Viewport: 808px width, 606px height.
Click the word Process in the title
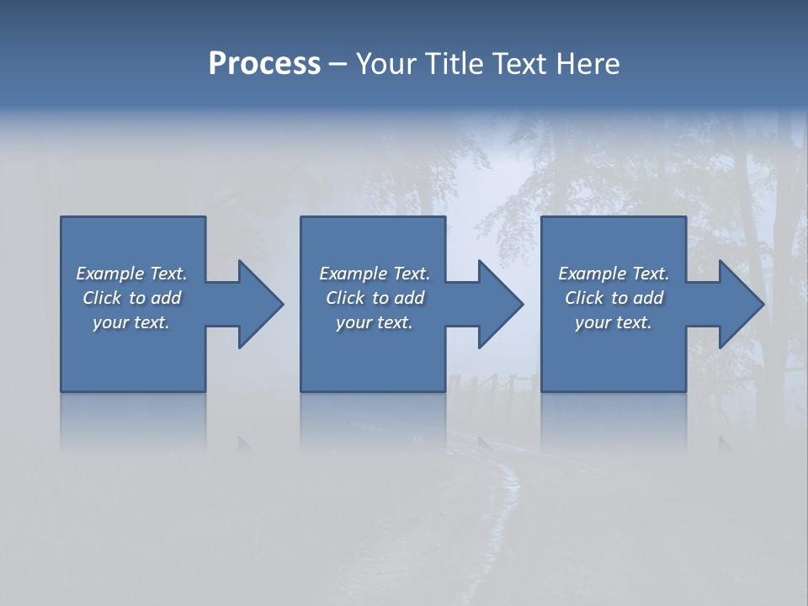coord(264,64)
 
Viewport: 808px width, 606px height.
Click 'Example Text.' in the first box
coord(131,274)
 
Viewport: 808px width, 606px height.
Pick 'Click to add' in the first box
coord(131,298)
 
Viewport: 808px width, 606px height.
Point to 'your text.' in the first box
coord(131,322)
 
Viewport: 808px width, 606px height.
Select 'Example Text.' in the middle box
coord(375,274)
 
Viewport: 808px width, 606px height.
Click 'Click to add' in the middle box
coord(375,298)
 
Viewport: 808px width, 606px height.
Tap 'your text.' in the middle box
coord(375,322)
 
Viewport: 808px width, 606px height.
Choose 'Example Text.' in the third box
coord(614,274)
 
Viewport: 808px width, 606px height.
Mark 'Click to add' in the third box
coord(614,298)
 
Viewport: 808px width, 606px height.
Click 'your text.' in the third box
coord(614,322)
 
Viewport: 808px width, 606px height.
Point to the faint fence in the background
coord(492,384)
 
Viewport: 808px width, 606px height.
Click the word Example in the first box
coord(110,274)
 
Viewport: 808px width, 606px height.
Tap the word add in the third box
coord(648,298)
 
